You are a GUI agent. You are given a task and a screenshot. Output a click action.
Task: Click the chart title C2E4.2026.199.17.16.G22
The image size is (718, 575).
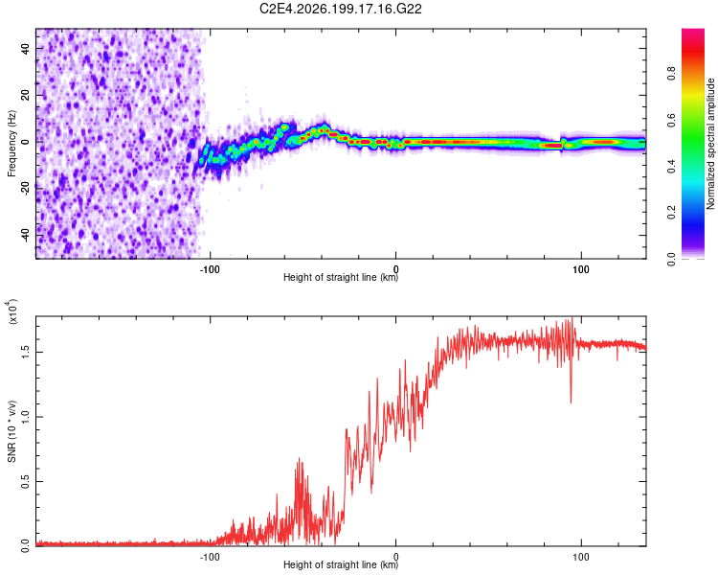point(340,9)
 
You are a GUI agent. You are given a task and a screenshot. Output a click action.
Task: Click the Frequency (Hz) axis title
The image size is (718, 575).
point(11,144)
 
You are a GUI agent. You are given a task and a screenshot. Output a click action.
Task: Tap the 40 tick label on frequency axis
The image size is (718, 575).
point(25,48)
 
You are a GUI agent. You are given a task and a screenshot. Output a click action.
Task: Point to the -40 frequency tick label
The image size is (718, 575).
point(25,236)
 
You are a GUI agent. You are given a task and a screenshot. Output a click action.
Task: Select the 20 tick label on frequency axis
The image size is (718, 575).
point(25,95)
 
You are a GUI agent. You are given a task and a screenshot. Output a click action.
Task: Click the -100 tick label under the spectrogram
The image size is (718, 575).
point(210,269)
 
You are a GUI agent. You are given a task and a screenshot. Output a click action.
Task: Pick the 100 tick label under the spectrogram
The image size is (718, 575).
point(581,269)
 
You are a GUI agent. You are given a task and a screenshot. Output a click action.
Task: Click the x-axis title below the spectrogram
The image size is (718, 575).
point(341,277)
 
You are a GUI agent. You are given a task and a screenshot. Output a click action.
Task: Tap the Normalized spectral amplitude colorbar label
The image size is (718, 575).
point(710,144)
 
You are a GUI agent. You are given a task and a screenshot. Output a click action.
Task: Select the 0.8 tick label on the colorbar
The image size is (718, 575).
point(671,74)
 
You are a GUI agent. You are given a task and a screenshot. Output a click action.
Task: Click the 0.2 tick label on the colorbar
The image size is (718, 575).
point(671,213)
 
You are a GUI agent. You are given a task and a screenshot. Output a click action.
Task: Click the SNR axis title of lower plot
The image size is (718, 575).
point(11,431)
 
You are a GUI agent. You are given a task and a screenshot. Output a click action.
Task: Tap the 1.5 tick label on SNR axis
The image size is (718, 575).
point(25,352)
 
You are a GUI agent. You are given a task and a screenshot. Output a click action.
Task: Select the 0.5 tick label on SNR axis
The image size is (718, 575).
point(25,481)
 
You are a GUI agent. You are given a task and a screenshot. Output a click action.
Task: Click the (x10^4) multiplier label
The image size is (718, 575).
point(12,311)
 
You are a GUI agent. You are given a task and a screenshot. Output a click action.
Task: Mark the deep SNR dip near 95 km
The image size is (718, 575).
point(571,402)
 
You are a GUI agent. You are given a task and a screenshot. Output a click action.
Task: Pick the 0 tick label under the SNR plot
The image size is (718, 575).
point(396,557)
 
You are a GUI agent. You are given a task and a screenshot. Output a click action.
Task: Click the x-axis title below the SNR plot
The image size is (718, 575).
point(341,564)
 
